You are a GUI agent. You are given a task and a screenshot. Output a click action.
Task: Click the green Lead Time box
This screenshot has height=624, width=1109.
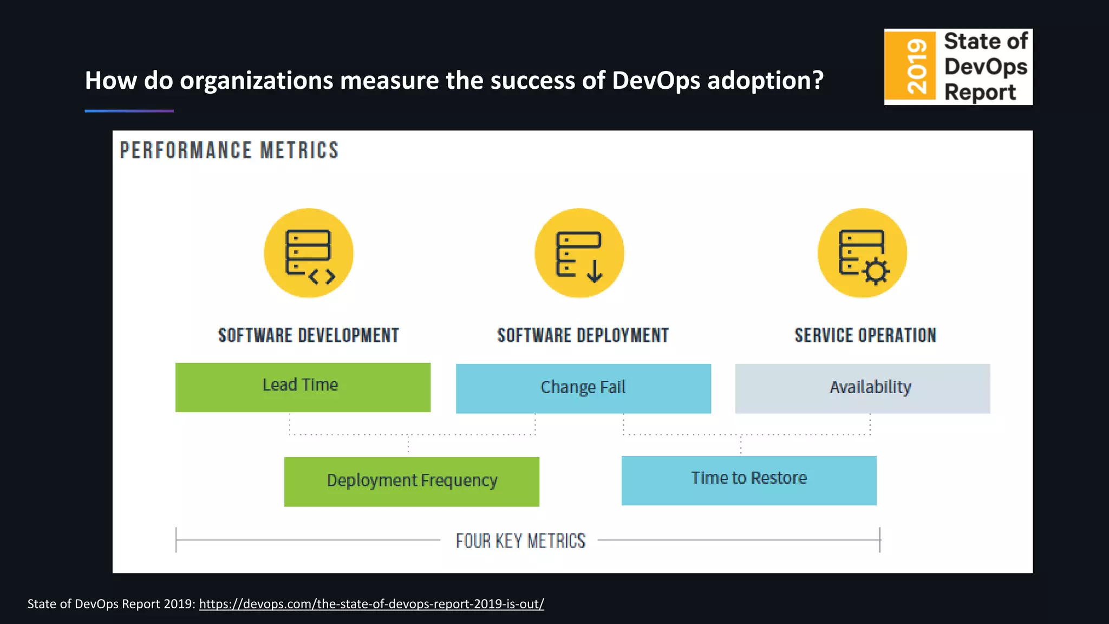303,387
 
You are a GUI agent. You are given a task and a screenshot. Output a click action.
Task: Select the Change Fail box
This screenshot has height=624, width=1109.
583,388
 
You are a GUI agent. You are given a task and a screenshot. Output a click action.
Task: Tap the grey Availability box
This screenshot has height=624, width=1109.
862,388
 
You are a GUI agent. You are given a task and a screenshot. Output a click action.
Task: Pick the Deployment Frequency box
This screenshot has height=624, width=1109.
412,482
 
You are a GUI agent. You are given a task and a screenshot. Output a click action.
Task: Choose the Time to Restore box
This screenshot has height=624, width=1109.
749,480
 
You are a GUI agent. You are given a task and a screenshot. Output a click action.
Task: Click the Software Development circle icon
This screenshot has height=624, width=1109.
309,253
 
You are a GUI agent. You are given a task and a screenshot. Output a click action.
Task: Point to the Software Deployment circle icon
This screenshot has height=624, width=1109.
579,253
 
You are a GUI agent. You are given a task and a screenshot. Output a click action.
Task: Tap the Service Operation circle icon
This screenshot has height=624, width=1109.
862,253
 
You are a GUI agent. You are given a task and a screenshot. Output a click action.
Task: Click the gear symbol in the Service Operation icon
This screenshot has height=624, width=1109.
876,271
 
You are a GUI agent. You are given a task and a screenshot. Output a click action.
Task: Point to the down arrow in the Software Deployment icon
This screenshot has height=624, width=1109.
595,271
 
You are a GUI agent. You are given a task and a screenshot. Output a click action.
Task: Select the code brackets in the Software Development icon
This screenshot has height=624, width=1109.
322,277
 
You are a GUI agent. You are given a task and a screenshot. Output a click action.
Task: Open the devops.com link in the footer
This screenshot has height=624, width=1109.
371,604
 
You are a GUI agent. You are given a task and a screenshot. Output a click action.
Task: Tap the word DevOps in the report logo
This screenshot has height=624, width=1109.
986,67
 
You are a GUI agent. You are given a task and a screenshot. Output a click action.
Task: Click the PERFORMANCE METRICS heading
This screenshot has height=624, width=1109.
229,151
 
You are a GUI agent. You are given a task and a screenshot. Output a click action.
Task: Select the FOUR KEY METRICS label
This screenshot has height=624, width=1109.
520,541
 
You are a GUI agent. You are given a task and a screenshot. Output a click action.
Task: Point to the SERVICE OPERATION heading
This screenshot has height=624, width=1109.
865,335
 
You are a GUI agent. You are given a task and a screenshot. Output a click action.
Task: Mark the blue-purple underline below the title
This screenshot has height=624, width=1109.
129,111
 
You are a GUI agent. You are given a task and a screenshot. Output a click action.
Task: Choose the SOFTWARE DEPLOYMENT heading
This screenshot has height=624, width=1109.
583,335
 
